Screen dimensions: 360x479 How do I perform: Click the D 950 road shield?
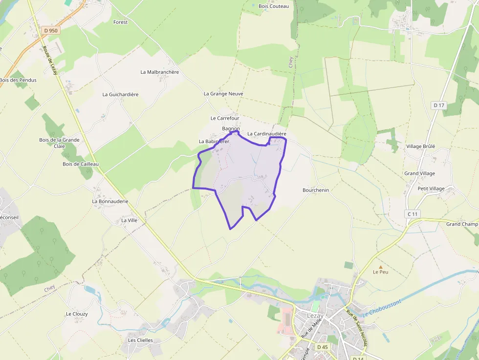(x=50, y=30)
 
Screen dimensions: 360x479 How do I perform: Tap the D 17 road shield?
(x=439, y=105)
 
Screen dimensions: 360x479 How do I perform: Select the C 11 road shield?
(x=413, y=214)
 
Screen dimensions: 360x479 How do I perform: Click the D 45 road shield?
(x=322, y=347)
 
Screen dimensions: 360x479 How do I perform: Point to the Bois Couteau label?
(x=274, y=6)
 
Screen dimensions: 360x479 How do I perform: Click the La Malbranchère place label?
(x=160, y=72)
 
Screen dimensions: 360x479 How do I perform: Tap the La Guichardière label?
(x=121, y=94)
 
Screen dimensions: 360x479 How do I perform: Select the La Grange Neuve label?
(x=223, y=93)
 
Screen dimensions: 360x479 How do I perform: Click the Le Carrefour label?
(x=225, y=118)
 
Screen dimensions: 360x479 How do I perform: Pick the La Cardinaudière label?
(x=266, y=133)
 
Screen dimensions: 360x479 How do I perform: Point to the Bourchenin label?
(x=316, y=190)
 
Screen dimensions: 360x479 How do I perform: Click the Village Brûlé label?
(x=420, y=146)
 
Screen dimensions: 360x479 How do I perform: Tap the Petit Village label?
(x=431, y=189)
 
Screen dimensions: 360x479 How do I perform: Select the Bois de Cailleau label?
(x=81, y=164)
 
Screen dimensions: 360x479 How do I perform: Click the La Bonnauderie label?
(x=110, y=201)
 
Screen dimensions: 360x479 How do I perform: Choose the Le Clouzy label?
(x=77, y=314)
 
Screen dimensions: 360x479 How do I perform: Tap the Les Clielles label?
(x=140, y=340)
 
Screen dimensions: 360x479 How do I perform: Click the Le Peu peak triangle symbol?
(x=381, y=267)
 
